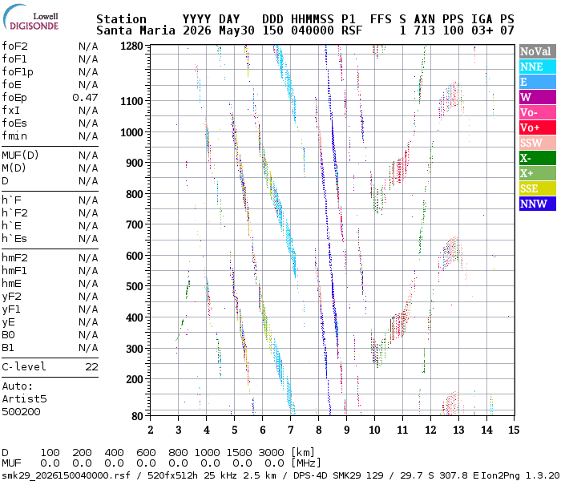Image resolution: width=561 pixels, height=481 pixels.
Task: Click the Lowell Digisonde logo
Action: click(30, 18)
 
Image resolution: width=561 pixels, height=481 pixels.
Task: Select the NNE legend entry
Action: click(538, 67)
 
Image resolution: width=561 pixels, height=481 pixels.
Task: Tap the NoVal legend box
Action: click(538, 51)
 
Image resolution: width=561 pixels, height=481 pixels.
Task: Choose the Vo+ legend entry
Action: click(538, 127)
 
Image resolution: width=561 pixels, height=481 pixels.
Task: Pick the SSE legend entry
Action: click(538, 188)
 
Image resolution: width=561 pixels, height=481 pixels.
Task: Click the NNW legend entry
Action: click(538, 204)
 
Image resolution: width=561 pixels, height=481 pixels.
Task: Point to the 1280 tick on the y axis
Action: click(131, 46)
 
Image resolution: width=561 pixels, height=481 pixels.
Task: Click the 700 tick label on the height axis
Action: click(134, 225)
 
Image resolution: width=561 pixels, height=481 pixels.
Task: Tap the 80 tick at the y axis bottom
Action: click(137, 416)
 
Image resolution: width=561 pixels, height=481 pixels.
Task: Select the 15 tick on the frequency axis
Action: click(514, 430)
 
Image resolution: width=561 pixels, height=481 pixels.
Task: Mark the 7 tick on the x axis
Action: click(290, 430)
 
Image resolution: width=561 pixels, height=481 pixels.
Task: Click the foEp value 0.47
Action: click(85, 97)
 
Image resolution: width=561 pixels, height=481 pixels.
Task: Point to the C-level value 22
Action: click(91, 367)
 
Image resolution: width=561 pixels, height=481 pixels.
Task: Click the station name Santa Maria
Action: click(135, 30)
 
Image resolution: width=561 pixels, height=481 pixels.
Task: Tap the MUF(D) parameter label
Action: click(20, 156)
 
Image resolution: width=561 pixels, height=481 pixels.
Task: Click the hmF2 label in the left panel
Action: click(14, 257)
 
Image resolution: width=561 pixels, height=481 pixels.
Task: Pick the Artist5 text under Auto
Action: click(24, 399)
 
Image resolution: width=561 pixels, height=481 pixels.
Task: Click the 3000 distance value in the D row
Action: click(271, 453)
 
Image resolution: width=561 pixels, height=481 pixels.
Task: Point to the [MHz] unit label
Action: click(306, 463)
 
